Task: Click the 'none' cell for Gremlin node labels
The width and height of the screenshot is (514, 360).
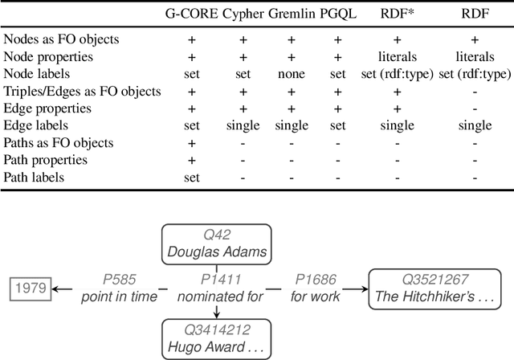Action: tap(292, 74)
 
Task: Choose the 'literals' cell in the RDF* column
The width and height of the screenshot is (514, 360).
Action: tap(396, 57)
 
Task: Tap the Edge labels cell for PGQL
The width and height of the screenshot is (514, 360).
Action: tap(339, 126)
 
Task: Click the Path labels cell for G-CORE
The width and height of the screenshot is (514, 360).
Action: tap(192, 178)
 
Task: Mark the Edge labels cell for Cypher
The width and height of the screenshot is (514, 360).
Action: tap(241, 126)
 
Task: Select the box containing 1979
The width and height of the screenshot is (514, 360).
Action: tap(30, 288)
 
